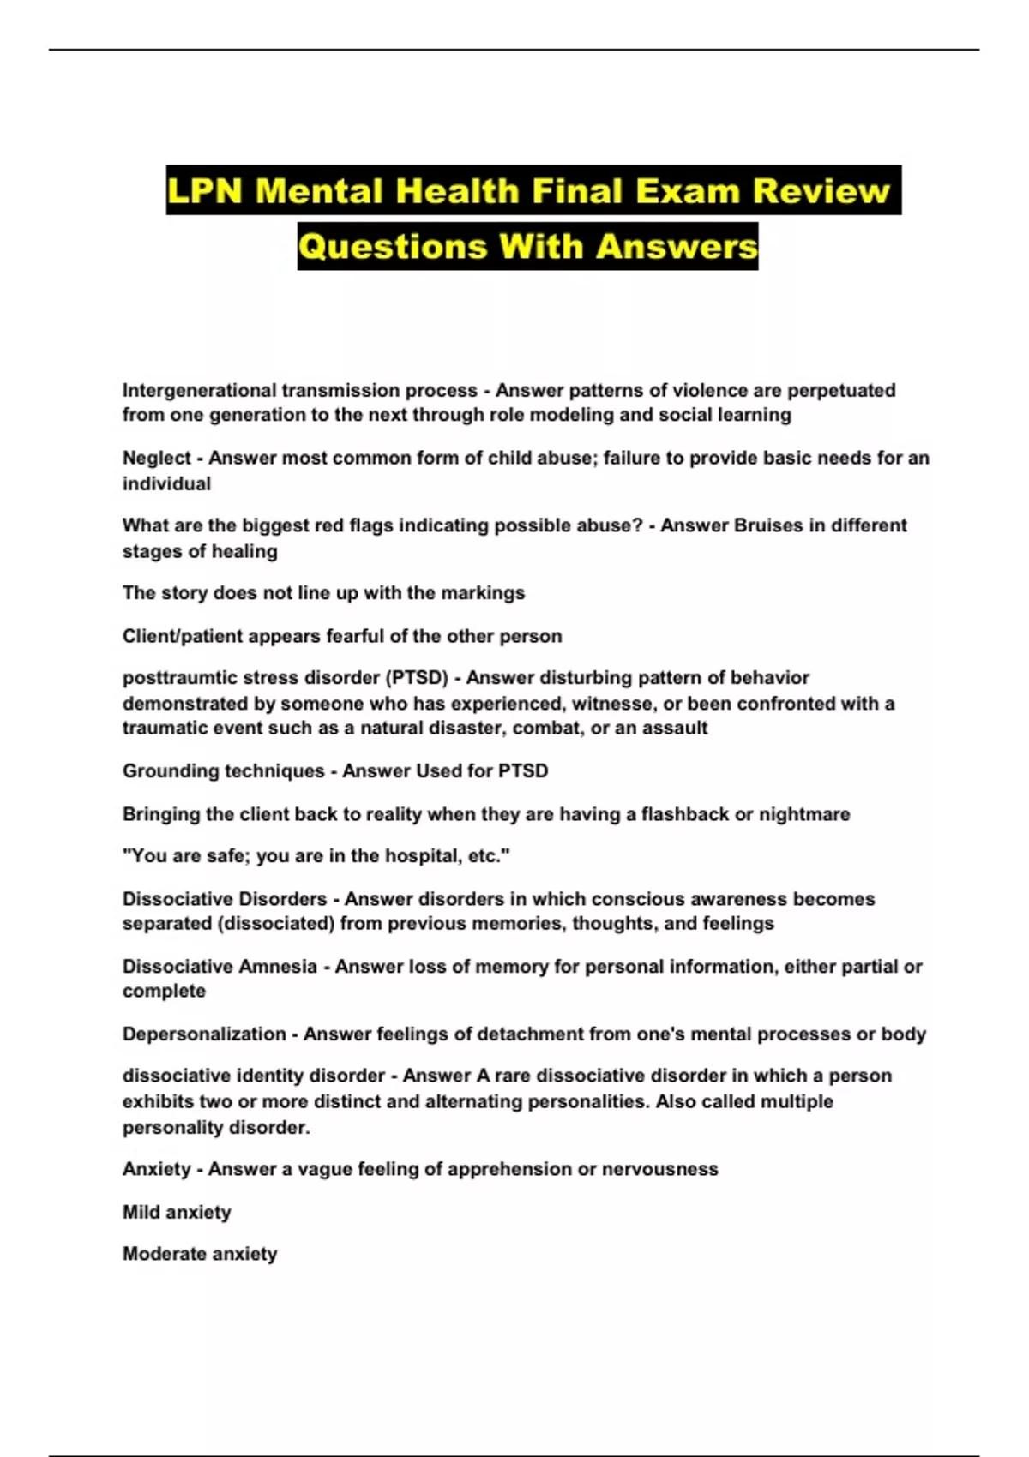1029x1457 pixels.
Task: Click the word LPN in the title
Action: click(x=206, y=190)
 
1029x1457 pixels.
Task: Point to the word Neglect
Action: click(x=156, y=459)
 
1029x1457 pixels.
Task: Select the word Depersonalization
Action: click(x=204, y=1034)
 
